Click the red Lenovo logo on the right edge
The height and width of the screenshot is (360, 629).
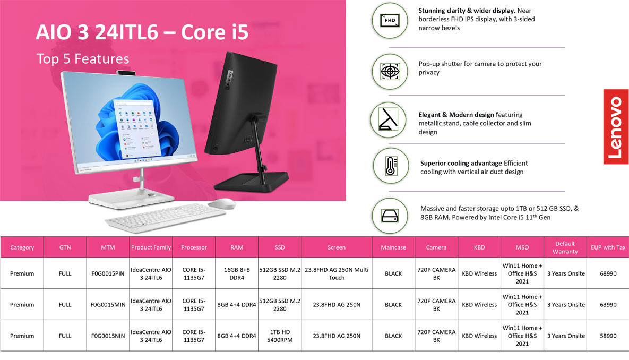click(616, 127)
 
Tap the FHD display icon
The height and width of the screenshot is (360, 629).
click(390, 21)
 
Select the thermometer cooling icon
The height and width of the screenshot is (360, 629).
click(391, 166)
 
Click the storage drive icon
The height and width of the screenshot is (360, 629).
click(390, 216)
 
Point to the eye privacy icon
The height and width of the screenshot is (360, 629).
click(390, 72)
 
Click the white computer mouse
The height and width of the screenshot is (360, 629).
click(222, 203)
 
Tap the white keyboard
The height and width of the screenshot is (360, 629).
click(165, 217)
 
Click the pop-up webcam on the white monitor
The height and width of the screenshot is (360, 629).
click(126, 72)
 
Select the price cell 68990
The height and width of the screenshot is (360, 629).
click(608, 273)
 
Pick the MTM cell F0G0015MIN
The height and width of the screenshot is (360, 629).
click(108, 305)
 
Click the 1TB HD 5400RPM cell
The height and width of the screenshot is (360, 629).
click(280, 336)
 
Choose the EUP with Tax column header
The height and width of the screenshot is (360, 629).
click(608, 247)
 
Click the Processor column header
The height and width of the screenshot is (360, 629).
click(194, 247)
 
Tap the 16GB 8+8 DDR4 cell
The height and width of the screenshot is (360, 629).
click(237, 273)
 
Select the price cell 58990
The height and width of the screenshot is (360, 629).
click(608, 336)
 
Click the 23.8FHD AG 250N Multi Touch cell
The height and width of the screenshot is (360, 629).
click(337, 273)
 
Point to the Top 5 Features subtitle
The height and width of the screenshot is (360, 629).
click(83, 59)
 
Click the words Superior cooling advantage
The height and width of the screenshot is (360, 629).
click(461, 163)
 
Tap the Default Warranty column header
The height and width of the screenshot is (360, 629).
click(565, 247)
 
